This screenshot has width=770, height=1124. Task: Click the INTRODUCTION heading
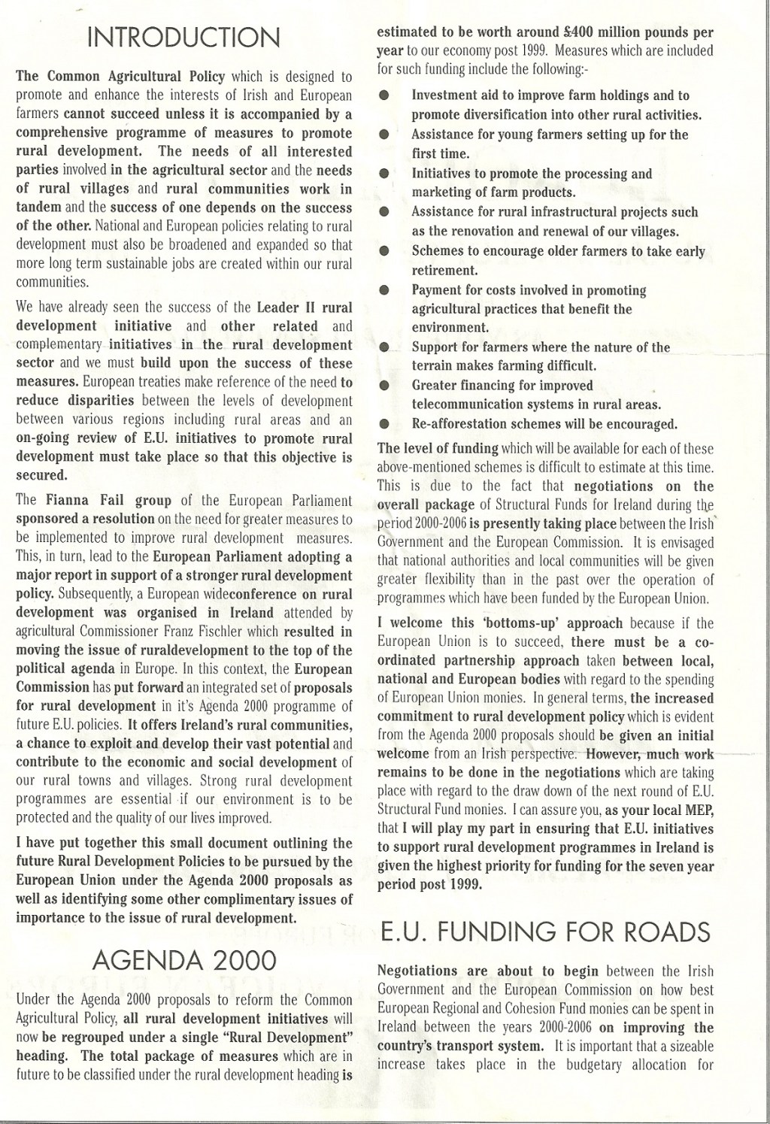click(x=183, y=38)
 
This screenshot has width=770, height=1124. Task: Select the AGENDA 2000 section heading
click(x=183, y=960)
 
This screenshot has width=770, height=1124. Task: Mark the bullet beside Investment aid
click(x=384, y=96)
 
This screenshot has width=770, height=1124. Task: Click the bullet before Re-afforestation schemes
click(x=384, y=424)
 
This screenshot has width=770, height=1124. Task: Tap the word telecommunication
click(x=465, y=405)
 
